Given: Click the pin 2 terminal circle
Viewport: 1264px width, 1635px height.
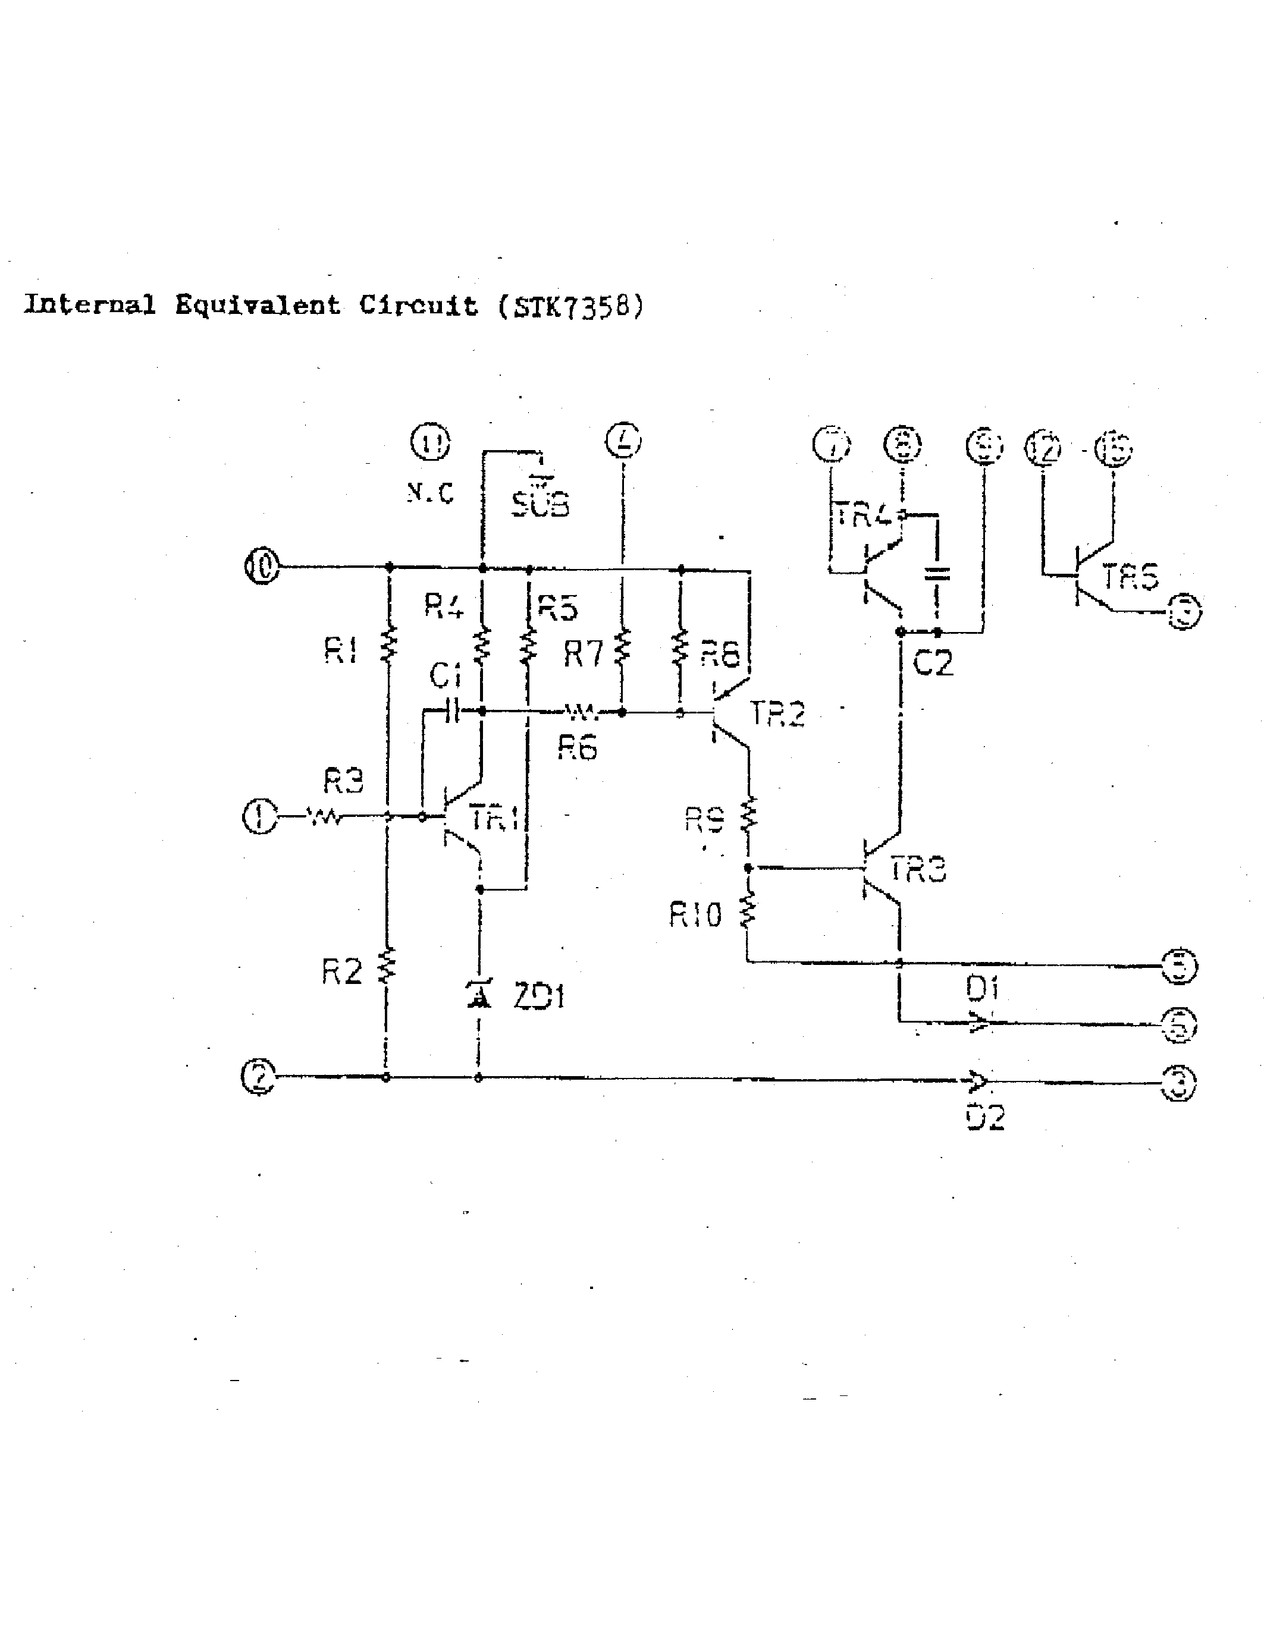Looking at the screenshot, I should tap(258, 1077).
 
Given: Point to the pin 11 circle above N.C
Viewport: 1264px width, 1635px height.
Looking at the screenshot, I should tap(431, 442).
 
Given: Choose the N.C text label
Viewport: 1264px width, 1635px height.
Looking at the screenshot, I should tap(431, 493).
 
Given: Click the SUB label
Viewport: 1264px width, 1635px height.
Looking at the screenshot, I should tap(540, 504).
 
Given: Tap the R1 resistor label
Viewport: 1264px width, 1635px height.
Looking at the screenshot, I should tap(341, 650).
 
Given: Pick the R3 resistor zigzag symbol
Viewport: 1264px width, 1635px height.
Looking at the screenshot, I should tap(324, 817).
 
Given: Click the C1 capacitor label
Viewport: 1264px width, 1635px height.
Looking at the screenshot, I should tap(446, 675).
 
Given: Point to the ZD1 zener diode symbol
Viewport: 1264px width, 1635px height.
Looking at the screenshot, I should tap(479, 994).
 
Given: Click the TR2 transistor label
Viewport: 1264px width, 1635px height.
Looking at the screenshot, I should tap(777, 714).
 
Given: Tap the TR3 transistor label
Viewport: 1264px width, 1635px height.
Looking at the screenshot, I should tap(918, 870).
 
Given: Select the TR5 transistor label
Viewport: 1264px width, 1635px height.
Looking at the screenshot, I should tap(1130, 577).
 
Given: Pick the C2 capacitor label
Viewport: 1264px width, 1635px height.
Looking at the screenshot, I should tap(934, 662).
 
